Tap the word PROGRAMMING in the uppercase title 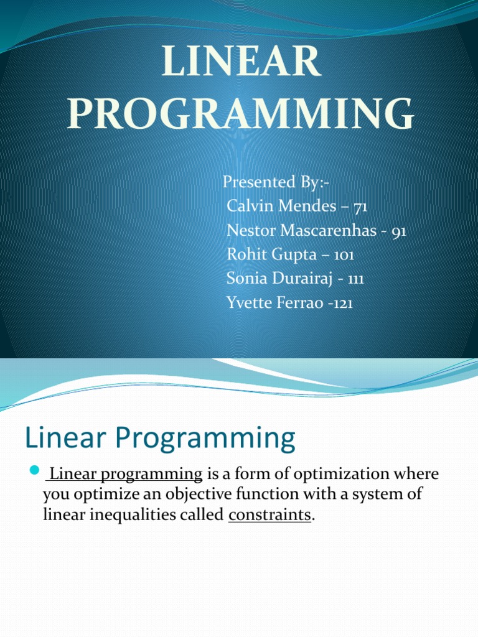[x=241, y=114]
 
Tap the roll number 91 [x=398, y=231]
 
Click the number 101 [x=345, y=255]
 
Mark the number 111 [x=356, y=279]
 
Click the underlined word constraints [x=269, y=515]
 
